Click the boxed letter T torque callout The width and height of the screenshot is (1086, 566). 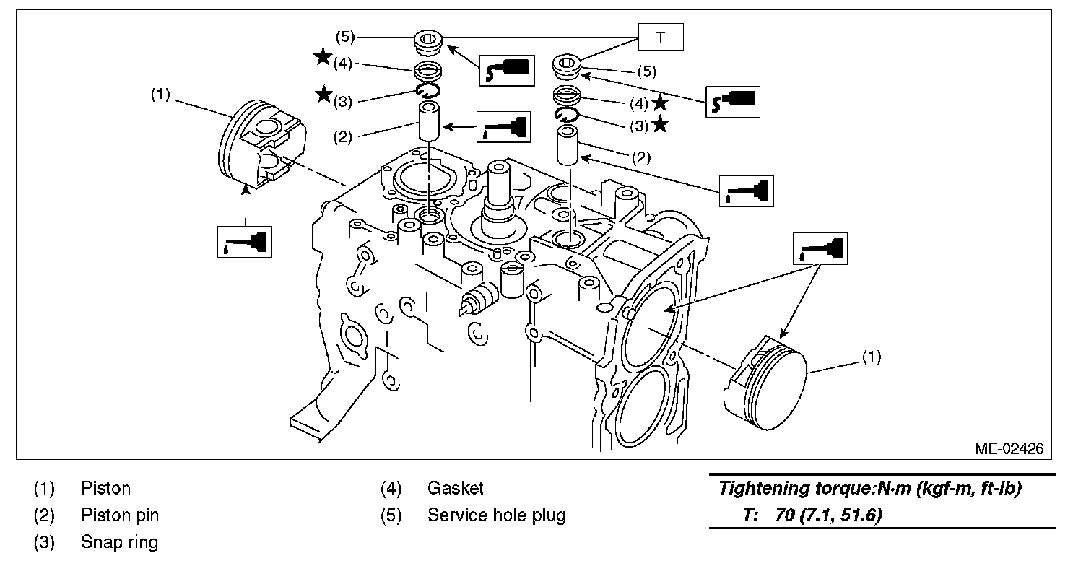coord(660,38)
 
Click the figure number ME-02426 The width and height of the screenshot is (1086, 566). coord(1009,448)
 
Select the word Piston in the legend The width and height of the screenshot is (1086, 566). coord(105,489)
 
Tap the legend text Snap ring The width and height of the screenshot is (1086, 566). coord(119,542)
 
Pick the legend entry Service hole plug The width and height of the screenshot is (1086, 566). coord(496,515)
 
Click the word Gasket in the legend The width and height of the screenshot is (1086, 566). coord(455,489)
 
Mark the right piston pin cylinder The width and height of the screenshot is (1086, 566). coord(567,145)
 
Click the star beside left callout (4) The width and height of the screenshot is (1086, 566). coord(323,58)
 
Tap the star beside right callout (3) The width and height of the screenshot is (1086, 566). coord(659,125)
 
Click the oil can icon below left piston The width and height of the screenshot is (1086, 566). coord(245,240)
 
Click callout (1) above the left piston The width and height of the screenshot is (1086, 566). coord(160,95)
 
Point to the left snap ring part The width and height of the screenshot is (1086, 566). coord(427,90)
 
